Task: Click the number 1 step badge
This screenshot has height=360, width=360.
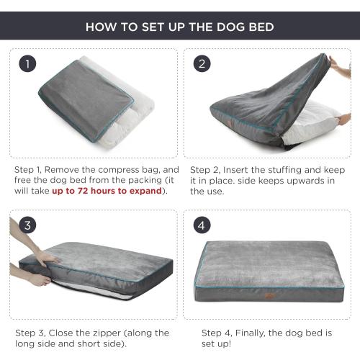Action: pyautogui.click(x=28, y=64)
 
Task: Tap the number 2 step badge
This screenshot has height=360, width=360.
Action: pyautogui.click(x=202, y=64)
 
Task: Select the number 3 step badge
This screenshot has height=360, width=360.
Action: pyautogui.click(x=28, y=225)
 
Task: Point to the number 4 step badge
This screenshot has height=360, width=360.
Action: pyautogui.click(x=202, y=225)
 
